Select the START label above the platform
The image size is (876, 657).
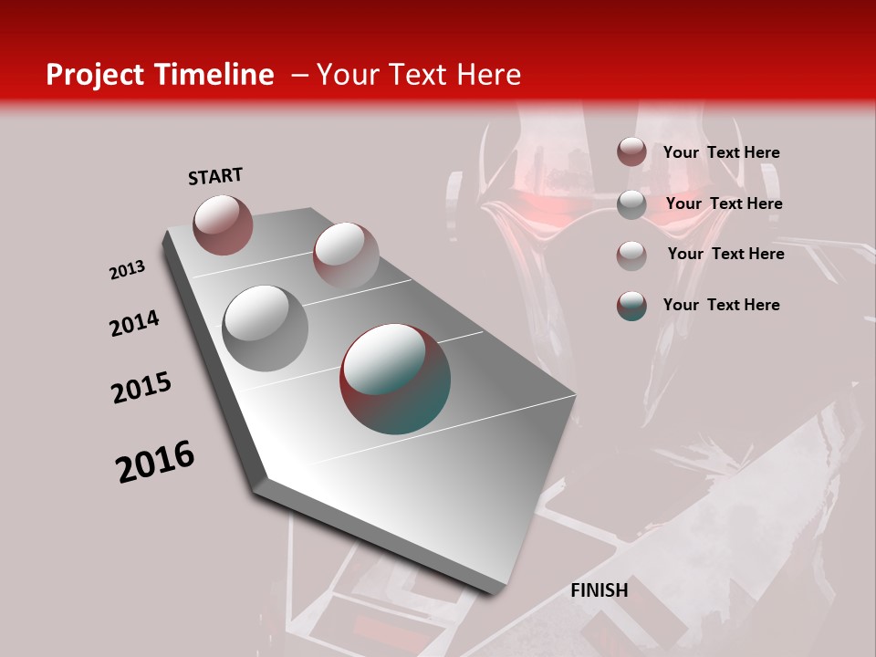point(215,176)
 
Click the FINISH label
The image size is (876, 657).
point(600,590)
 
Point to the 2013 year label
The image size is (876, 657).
point(127,270)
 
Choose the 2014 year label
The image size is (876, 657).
point(134,323)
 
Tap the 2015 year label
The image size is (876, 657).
point(141,388)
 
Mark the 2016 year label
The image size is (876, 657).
point(155,461)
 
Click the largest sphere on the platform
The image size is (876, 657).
point(395,378)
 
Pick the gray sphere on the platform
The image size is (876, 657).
point(265,328)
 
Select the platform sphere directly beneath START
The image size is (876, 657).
point(223,224)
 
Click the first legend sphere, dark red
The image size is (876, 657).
point(631,151)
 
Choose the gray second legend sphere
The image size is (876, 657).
point(631,204)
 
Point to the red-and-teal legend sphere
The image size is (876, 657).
point(631,306)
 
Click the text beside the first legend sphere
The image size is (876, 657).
point(721,152)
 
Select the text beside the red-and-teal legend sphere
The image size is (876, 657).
point(721,305)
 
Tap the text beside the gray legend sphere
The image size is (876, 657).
point(724,203)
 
